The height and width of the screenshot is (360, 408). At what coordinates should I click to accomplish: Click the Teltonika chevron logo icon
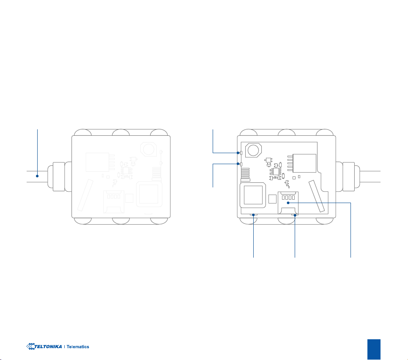pos(30,346)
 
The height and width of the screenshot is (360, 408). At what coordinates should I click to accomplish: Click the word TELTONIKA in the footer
pos(48,346)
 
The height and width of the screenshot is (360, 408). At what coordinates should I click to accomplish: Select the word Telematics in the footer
pos(78,347)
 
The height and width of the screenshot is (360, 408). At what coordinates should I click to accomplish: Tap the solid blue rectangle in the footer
pos(374,349)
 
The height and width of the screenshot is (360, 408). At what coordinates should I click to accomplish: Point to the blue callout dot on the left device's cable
pos(37,176)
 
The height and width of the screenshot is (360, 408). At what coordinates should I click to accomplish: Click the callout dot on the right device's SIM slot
pos(288,203)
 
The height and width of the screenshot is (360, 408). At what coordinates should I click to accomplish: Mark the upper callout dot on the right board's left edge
pos(238,153)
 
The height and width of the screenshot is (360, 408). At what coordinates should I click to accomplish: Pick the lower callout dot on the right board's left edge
pos(238,164)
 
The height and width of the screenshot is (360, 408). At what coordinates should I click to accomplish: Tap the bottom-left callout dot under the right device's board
pos(253,215)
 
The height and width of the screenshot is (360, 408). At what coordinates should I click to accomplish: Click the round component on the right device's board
pos(253,150)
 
